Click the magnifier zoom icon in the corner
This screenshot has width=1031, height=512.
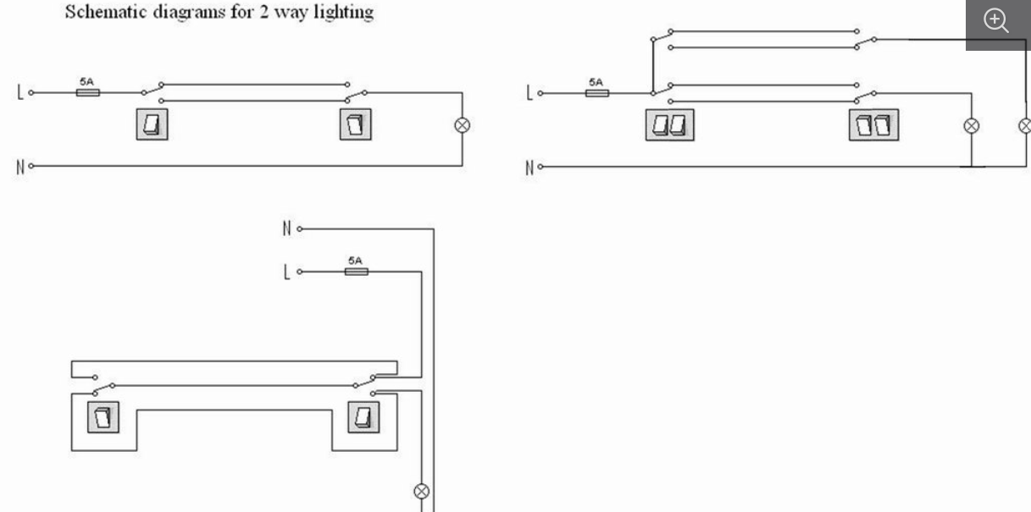[x=995, y=21]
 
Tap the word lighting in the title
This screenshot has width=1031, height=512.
[x=343, y=13]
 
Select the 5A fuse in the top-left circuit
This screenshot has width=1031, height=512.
[x=87, y=92]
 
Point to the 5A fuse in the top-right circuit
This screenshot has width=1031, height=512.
[x=597, y=93]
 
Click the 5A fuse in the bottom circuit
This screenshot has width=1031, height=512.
[x=357, y=272]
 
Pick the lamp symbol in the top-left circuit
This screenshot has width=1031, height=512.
[x=462, y=125]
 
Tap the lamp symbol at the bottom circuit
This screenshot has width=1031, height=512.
[x=422, y=492]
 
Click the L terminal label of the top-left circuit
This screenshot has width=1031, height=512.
[x=20, y=92]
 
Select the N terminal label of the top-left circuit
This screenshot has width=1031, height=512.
[x=20, y=167]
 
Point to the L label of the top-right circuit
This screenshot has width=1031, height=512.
[x=529, y=93]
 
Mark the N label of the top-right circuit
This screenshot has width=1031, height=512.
[x=529, y=168]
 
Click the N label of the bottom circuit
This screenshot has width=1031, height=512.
[x=286, y=228]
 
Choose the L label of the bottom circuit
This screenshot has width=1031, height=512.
[x=286, y=273]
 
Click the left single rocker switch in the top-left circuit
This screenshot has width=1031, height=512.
[x=152, y=124]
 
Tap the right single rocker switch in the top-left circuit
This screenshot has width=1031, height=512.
[x=355, y=124]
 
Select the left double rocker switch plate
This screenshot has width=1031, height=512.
[x=670, y=125]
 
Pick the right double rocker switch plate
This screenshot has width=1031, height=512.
[x=873, y=125]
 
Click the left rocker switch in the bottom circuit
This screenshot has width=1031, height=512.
[x=103, y=417]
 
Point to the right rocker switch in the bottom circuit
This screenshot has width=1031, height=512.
[x=363, y=417]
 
